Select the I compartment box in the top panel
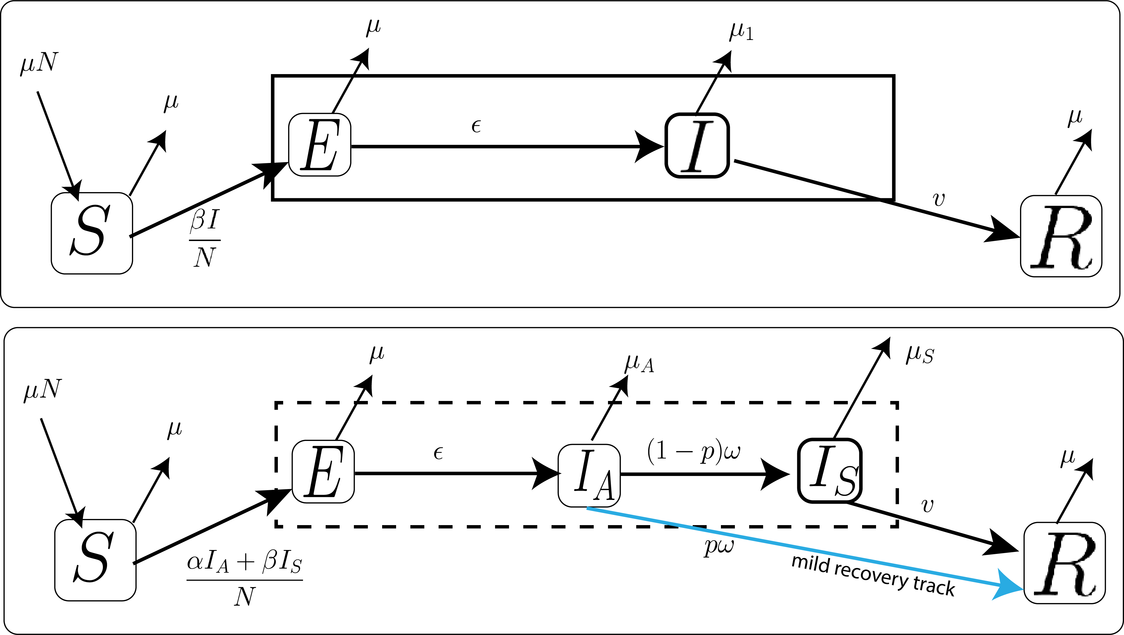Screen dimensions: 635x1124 pyautogui.click(x=697, y=145)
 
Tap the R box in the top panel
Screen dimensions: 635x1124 pyautogui.click(x=1061, y=236)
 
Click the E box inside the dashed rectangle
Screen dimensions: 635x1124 pyautogui.click(x=323, y=471)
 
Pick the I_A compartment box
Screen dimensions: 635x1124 pyautogui.click(x=589, y=476)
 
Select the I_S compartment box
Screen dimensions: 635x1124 pyautogui.click(x=829, y=471)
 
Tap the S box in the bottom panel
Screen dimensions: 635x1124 pyautogui.click(x=95, y=560)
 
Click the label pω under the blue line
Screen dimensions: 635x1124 pyautogui.click(x=719, y=546)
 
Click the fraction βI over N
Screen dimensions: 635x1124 pyautogui.click(x=205, y=239)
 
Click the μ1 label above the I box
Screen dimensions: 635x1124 pyautogui.click(x=741, y=31)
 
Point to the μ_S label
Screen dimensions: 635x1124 pyautogui.click(x=919, y=354)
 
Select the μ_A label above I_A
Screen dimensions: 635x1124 pyautogui.click(x=639, y=363)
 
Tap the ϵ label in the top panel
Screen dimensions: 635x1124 pyautogui.click(x=476, y=126)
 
